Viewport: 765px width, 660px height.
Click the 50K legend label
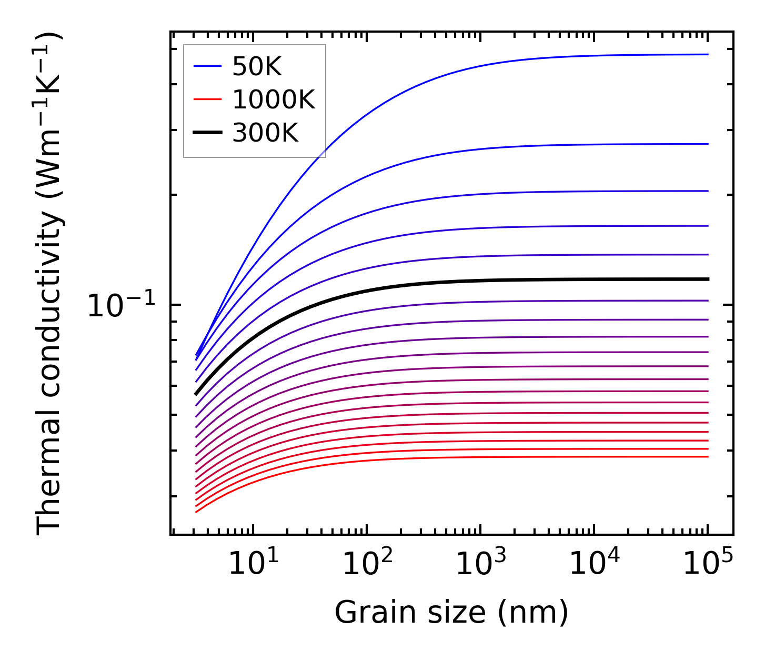tap(257, 67)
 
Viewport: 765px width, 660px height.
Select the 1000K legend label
tap(274, 100)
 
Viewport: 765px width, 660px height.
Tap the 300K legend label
tap(265, 133)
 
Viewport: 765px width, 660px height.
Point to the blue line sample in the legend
tap(207, 67)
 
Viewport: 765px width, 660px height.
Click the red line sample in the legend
tap(207, 100)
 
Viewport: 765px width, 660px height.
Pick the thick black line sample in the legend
tap(207, 133)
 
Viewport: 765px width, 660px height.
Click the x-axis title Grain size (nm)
tap(451, 613)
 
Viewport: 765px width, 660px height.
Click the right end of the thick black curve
tap(708, 279)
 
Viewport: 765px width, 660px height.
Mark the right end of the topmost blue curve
tap(708, 54)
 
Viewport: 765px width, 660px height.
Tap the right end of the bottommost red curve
tap(708, 456)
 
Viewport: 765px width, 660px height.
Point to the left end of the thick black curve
tap(196, 393)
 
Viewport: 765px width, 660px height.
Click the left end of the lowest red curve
tap(196, 512)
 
